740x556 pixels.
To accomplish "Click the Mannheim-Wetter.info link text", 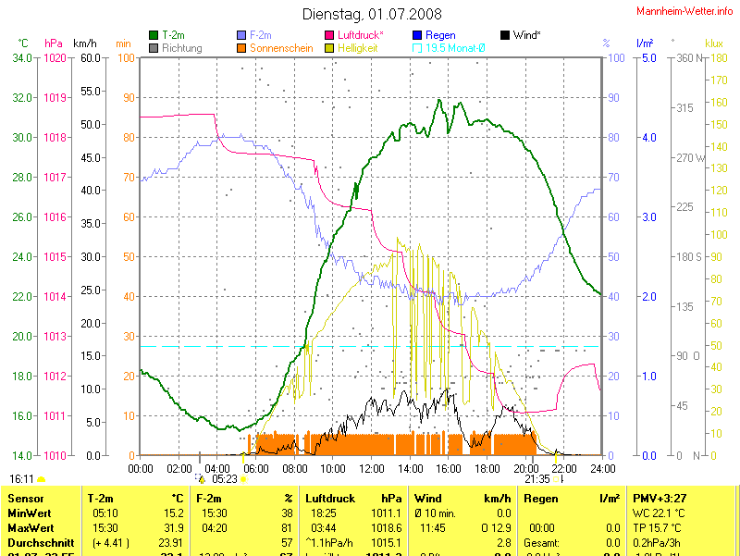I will click(x=684, y=11).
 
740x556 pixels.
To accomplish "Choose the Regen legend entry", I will click(x=439, y=35).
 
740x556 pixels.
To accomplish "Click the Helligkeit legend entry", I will click(x=357, y=47).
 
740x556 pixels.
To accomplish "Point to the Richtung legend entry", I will click(x=181, y=47).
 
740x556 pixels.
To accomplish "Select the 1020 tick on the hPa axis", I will click(x=55, y=58).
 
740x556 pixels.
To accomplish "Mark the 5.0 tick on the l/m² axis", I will click(x=647, y=58).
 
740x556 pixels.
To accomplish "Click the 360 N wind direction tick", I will click(x=689, y=58).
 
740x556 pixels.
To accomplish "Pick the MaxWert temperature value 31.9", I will click(x=172, y=527).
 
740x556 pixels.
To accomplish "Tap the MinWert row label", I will click(x=30, y=512).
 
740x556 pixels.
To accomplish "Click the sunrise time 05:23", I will click(x=225, y=479).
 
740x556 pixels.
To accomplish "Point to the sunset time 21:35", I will click(x=536, y=479).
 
